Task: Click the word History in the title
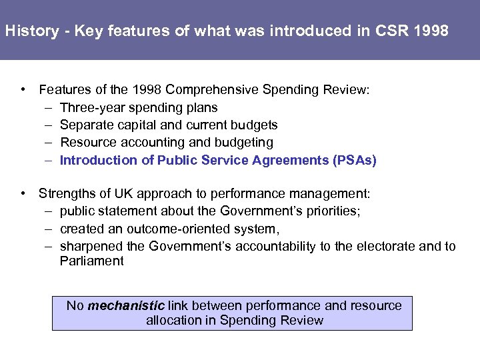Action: click(32, 31)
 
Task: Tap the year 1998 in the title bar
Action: click(433, 31)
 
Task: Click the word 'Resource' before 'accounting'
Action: click(85, 142)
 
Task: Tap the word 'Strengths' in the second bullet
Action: click(66, 194)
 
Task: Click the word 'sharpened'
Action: click(91, 247)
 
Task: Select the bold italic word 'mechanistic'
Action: click(126, 306)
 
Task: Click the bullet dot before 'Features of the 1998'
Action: click(23, 90)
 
